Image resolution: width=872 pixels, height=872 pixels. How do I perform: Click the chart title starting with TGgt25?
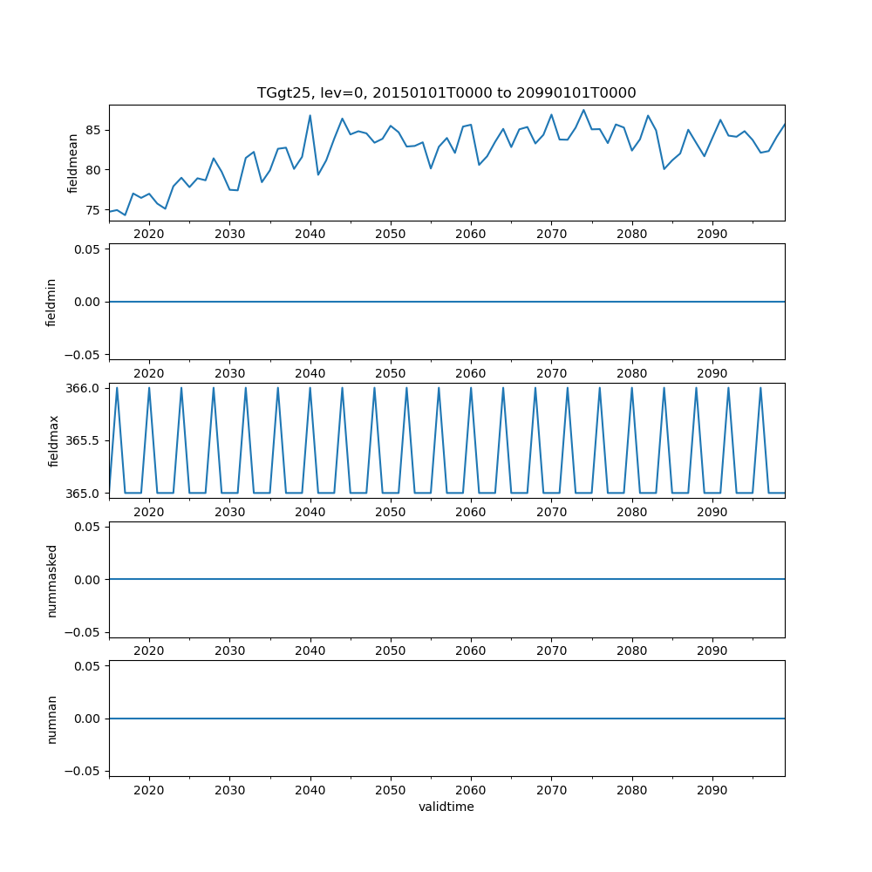446,92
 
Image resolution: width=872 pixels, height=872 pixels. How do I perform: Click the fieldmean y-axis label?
73,163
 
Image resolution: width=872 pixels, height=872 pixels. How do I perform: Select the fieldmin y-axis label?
51,302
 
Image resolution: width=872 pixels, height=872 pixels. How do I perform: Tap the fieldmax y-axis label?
54,440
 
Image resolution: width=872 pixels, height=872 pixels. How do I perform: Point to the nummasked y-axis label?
51,580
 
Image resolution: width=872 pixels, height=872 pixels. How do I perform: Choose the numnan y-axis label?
51,719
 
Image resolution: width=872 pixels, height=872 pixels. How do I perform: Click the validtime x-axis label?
446,807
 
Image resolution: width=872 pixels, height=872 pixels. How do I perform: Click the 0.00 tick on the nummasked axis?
88,580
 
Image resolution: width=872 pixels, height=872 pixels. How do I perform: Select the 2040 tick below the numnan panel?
310,789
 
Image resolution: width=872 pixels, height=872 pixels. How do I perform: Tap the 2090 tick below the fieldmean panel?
712,234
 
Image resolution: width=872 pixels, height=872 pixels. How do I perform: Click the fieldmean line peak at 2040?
310,115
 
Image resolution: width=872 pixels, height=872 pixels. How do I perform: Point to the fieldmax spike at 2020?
149,388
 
